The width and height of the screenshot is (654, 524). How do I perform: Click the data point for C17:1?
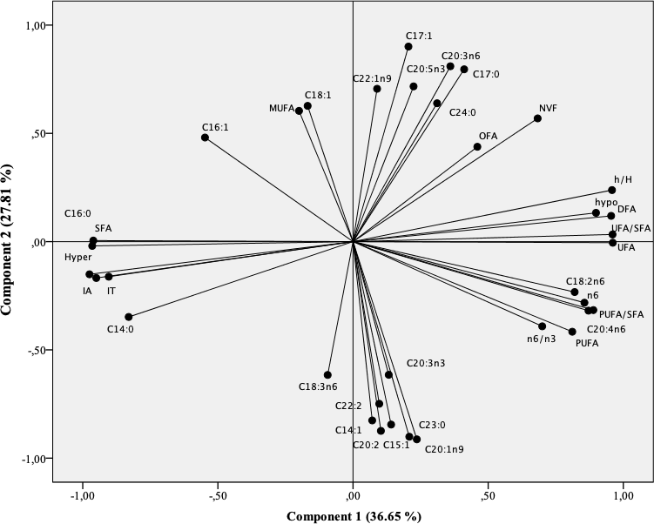pyautogui.click(x=408, y=47)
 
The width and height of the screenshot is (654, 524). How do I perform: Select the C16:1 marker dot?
pyautogui.click(x=206, y=138)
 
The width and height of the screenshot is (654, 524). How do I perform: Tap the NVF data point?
pyautogui.click(x=537, y=118)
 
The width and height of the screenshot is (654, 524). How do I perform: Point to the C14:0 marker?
pyautogui.click(x=129, y=317)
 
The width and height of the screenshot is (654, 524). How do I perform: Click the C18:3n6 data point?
pyautogui.click(x=327, y=375)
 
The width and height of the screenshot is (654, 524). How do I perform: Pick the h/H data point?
pyautogui.click(x=611, y=190)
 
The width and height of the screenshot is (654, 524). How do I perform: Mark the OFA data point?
pyautogui.click(x=477, y=146)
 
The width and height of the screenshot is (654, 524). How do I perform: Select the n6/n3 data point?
pyautogui.click(x=542, y=326)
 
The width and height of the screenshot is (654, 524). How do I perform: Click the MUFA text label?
pyautogui.click(x=280, y=109)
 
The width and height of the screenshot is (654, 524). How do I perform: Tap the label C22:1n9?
pyautogui.click(x=372, y=78)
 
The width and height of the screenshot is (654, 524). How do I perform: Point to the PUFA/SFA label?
pyautogui.click(x=622, y=314)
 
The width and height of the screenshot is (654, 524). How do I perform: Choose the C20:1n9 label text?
pyautogui.click(x=444, y=449)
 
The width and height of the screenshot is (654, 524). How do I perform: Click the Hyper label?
pyautogui.click(x=78, y=258)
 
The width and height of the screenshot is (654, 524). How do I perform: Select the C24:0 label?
pyautogui.click(x=462, y=112)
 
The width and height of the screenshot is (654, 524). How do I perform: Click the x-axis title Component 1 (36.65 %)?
pyautogui.click(x=354, y=516)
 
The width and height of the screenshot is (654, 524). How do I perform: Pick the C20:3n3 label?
pyautogui.click(x=426, y=363)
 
